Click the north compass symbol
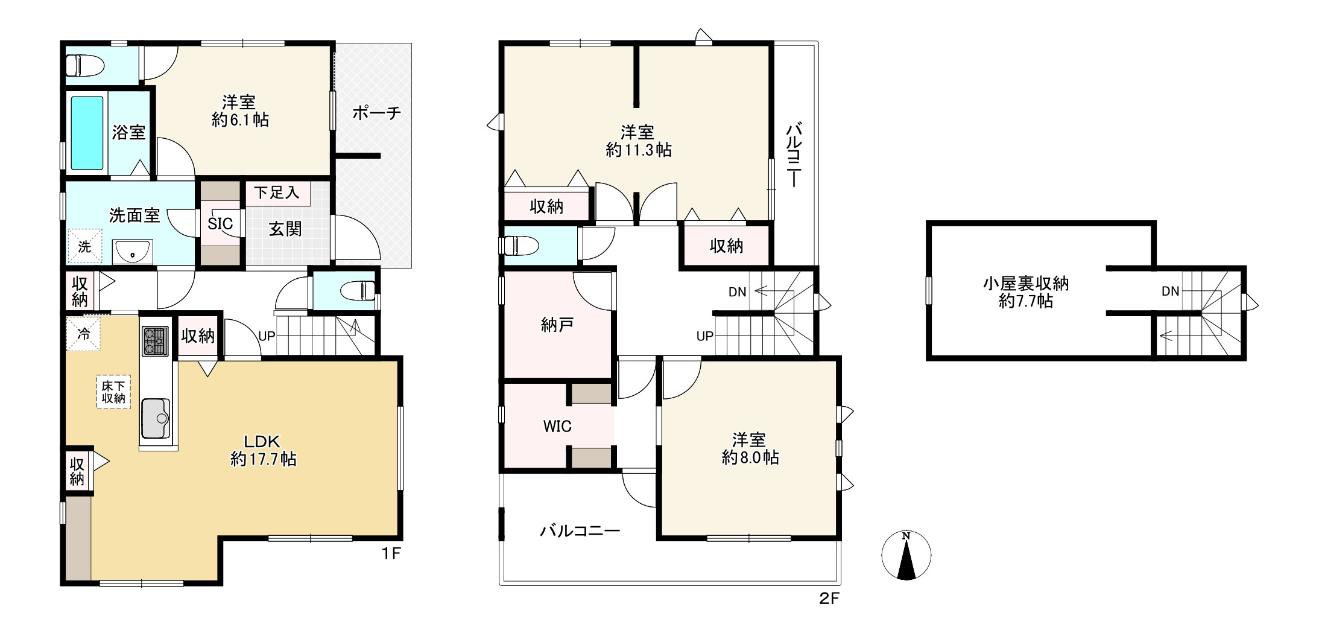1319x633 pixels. coord(906,555)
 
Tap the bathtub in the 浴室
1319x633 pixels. coord(87,133)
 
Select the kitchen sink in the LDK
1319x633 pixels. coord(156,419)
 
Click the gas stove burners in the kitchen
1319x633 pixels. coord(156,341)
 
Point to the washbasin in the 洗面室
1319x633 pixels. coord(133,252)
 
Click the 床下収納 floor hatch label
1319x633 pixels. coord(113,392)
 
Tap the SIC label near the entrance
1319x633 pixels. coord(220,224)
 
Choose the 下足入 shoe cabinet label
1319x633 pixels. coord(277,192)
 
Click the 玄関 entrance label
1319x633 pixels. coord(285,229)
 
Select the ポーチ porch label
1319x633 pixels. coord(376,112)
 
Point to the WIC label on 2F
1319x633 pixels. coord(557,427)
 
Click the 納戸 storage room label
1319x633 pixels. coord(557,325)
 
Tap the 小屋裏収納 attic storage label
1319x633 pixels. coord(1026,283)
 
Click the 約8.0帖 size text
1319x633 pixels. coord(750,457)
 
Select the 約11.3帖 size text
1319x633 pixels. coord(639,150)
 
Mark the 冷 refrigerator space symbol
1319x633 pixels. coord(84,334)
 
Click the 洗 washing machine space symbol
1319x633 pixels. coord(84,247)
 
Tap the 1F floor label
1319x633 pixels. coord(391,553)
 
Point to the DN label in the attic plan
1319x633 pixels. coord(1171,291)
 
